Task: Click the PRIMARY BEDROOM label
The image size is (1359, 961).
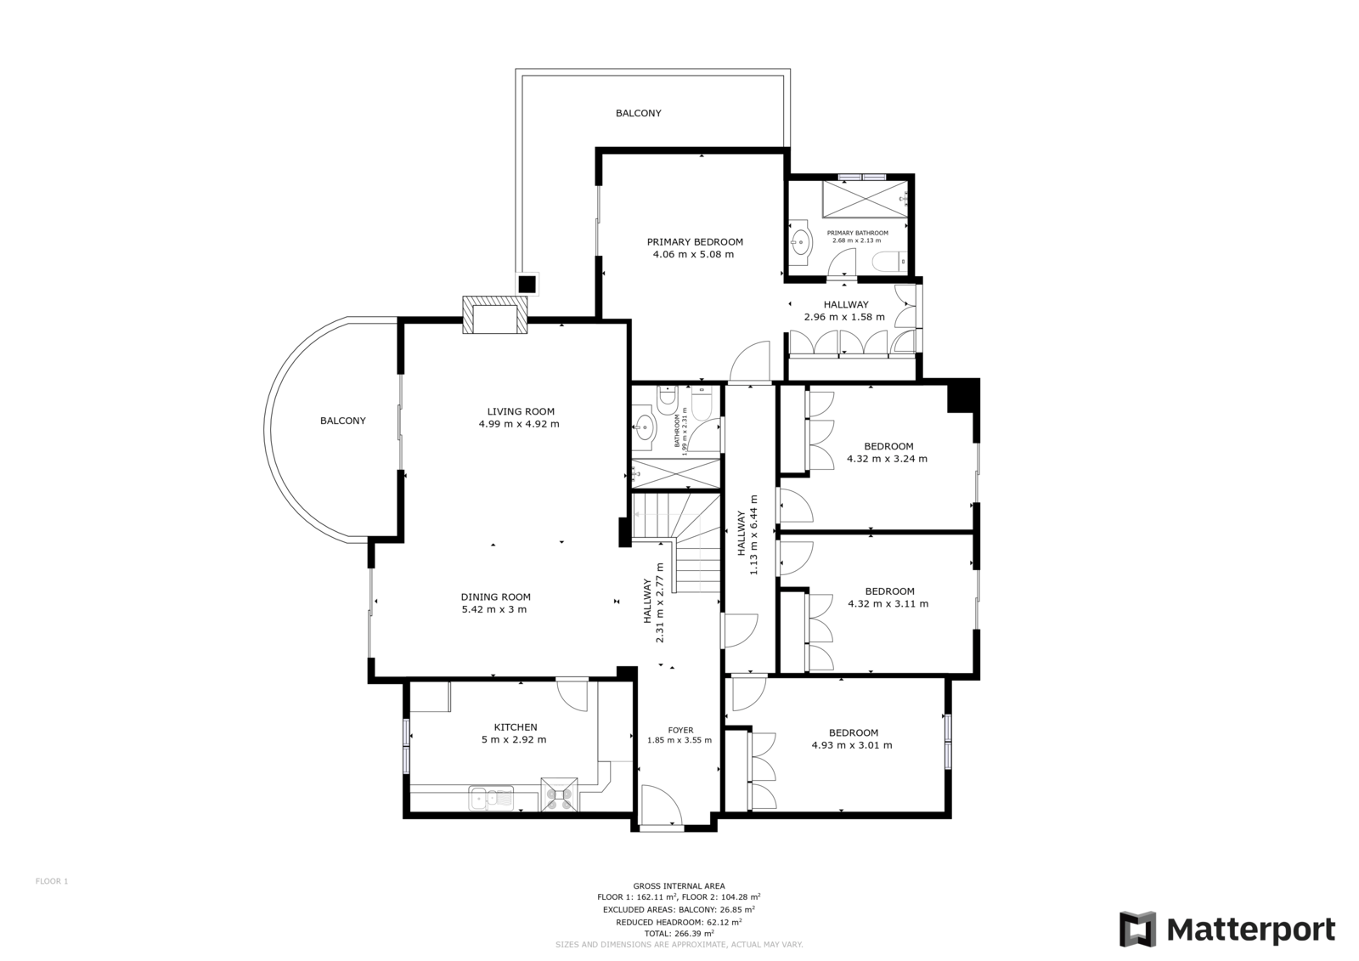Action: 695,241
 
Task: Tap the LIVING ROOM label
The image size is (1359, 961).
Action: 521,411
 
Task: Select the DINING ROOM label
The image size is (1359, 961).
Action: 496,596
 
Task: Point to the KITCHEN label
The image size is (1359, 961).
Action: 516,726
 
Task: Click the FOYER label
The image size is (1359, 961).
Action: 680,731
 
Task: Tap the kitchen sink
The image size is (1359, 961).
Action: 491,798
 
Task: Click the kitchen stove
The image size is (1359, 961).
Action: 560,794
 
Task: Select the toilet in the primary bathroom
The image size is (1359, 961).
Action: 889,262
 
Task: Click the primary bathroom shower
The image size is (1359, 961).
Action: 866,199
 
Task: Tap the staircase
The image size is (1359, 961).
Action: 676,543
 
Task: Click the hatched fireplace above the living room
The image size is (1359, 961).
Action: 495,314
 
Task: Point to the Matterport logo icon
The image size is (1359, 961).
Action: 1137,930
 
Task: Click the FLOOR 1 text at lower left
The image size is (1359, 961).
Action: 52,881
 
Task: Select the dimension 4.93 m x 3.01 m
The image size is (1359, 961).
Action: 852,745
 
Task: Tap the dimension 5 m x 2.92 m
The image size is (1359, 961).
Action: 514,739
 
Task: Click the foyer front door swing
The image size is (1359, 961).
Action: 662,805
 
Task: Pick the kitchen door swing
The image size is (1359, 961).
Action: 572,696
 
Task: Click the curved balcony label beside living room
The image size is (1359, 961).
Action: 343,421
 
